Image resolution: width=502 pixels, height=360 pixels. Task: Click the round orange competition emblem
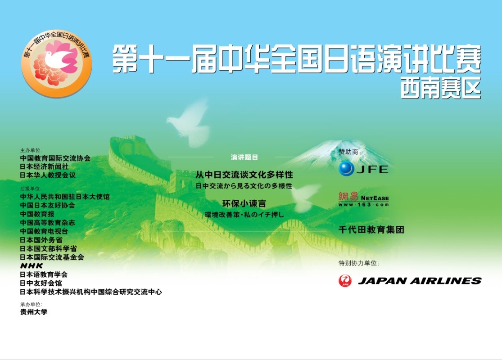click(x=57, y=64)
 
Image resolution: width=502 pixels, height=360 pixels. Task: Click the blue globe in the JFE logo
click(x=346, y=169)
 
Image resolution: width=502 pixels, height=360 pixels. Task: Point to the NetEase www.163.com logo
click(x=364, y=199)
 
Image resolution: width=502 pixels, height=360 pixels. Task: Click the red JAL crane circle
click(x=345, y=281)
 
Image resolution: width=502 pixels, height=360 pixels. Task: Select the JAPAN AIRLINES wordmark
click(x=420, y=281)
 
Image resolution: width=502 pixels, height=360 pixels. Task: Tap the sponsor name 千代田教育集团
click(x=371, y=229)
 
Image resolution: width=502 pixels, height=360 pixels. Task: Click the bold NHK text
click(x=32, y=265)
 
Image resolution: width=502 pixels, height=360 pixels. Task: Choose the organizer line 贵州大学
click(x=34, y=312)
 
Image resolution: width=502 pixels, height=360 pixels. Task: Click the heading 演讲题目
click(x=244, y=157)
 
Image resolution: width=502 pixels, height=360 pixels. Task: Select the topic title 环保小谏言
click(x=244, y=203)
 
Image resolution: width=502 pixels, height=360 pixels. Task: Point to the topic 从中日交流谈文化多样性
click(x=244, y=175)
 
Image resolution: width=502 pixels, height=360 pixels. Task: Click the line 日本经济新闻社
click(x=44, y=166)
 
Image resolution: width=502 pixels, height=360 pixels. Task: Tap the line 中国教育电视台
click(x=44, y=231)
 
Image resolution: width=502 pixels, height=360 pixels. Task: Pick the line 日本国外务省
click(x=41, y=240)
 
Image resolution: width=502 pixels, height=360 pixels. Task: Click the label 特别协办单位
click(x=359, y=263)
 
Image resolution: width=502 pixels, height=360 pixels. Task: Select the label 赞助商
click(x=349, y=152)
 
